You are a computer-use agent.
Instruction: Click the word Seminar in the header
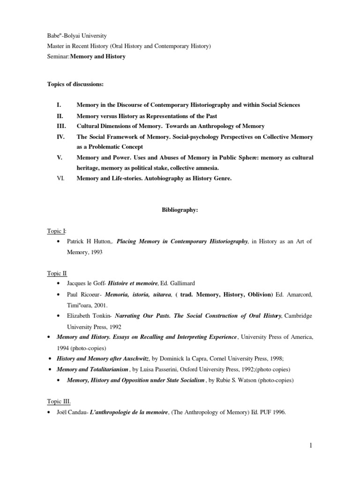[58, 57]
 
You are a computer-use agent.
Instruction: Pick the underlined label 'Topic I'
[56, 231]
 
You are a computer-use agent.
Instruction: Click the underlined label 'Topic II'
[57, 273]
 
